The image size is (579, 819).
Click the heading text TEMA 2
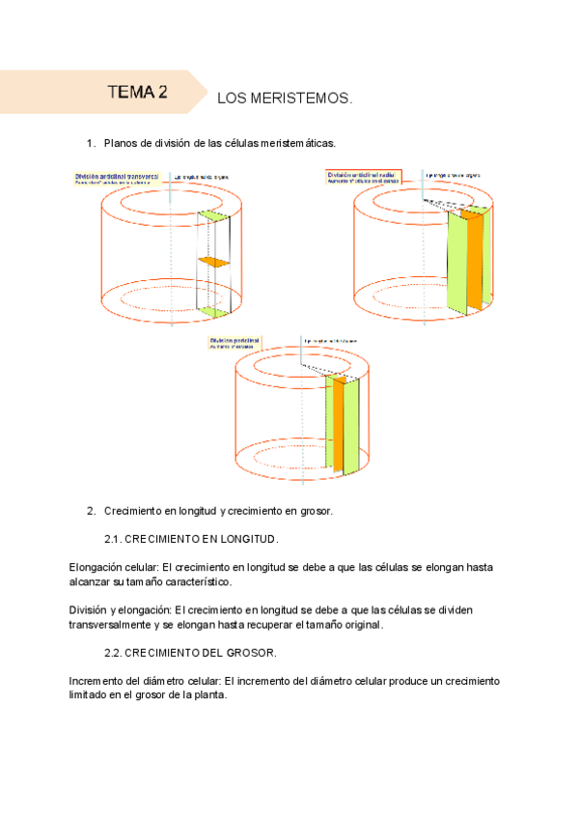click(138, 93)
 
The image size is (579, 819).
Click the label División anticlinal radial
click(362, 174)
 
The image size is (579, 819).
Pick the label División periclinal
click(234, 340)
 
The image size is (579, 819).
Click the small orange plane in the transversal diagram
click(214, 262)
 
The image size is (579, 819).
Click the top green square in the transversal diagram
click(215, 217)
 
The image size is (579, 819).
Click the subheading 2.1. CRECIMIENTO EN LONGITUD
click(191, 538)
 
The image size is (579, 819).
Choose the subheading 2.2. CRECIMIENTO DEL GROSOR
click(190, 654)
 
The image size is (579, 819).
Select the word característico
click(196, 582)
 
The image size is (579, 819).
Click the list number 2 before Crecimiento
click(90, 511)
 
